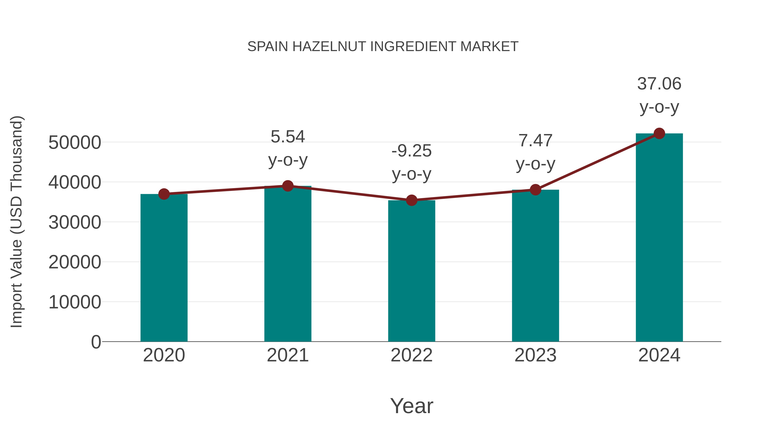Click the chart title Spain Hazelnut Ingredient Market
click(383, 47)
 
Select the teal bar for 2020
click(164, 268)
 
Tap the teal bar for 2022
click(412, 271)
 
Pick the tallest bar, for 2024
click(659, 238)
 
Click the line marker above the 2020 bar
click(164, 194)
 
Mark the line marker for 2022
click(412, 200)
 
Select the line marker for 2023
click(535, 189)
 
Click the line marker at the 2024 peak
click(659, 133)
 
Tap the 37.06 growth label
click(659, 84)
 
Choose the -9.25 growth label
click(412, 151)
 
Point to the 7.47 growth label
click(535, 140)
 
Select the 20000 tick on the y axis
click(75, 262)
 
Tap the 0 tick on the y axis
click(96, 342)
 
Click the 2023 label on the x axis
click(535, 355)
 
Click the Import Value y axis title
click(17, 222)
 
